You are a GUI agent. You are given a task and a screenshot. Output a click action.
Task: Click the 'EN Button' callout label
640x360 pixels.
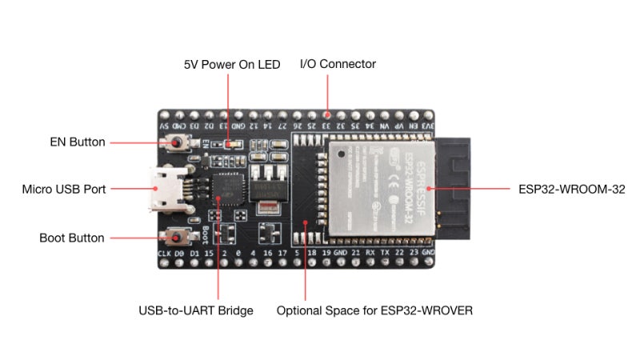pyautogui.click(x=77, y=142)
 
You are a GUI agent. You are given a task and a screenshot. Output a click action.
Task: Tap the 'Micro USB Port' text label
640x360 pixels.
pyautogui.click(x=64, y=190)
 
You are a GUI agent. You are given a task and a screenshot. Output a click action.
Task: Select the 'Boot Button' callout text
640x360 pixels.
pyautogui.click(x=72, y=238)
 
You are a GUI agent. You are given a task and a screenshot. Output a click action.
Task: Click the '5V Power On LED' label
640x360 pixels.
pyautogui.click(x=232, y=64)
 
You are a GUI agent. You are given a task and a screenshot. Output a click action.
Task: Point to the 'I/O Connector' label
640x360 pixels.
pyautogui.click(x=338, y=64)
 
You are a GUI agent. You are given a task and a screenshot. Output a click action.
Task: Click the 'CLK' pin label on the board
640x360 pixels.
pyautogui.click(x=165, y=254)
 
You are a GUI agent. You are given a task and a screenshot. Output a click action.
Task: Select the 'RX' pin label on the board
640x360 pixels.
pyautogui.click(x=370, y=254)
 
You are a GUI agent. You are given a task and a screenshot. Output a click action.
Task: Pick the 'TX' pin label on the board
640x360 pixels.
pyautogui.click(x=385, y=254)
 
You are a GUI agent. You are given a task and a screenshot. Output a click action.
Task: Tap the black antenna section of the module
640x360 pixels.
pyautogui.click(x=451, y=190)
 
